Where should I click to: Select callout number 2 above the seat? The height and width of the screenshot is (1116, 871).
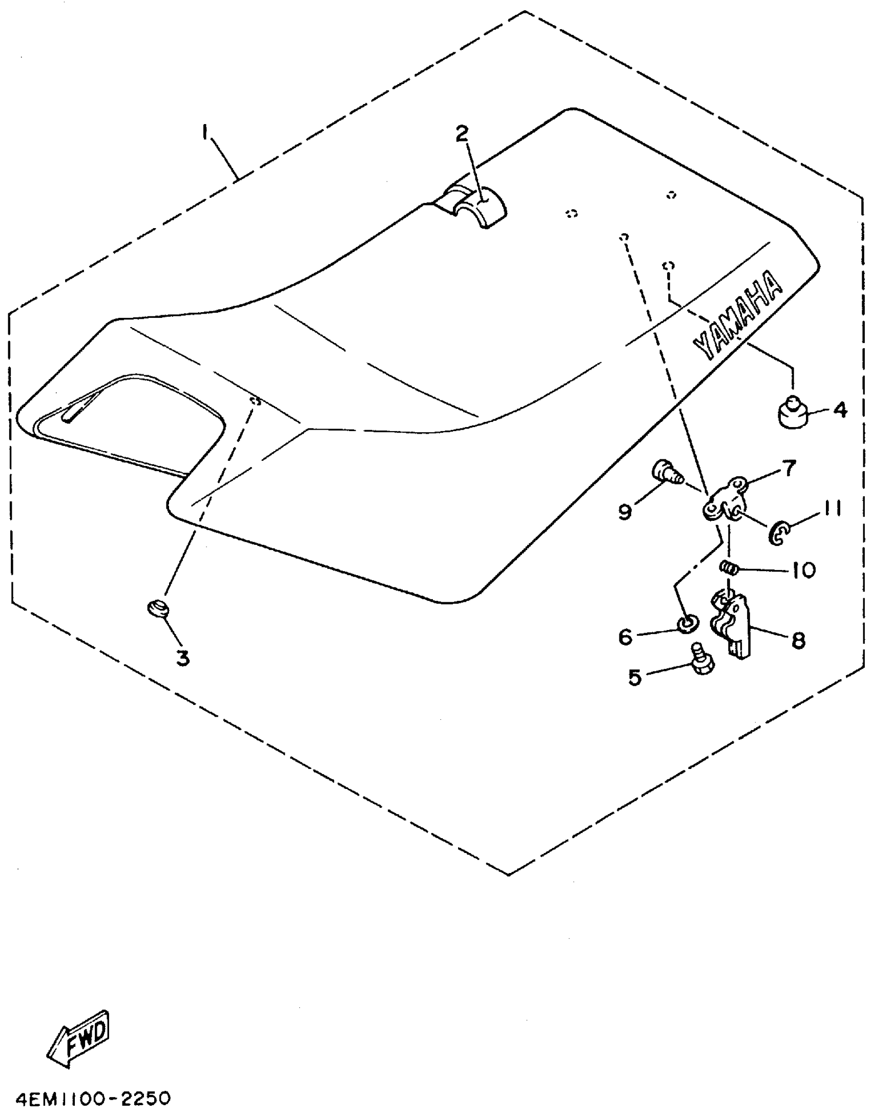(x=462, y=134)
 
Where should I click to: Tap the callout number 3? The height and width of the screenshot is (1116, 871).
(x=183, y=658)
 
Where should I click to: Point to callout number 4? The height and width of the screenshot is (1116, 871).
(x=840, y=410)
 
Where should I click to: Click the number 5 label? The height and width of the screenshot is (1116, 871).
(x=635, y=678)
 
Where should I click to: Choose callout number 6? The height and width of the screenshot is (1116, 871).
(x=626, y=637)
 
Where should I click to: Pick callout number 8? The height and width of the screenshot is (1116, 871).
(x=798, y=640)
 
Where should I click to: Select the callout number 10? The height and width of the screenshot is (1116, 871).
(x=803, y=570)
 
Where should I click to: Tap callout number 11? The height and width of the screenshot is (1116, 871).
(x=833, y=509)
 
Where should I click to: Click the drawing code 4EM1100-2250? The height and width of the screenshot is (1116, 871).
(x=93, y=1100)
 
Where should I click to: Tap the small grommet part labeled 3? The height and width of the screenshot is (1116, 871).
(x=158, y=610)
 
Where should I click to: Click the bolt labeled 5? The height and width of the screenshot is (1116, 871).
(x=701, y=660)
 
